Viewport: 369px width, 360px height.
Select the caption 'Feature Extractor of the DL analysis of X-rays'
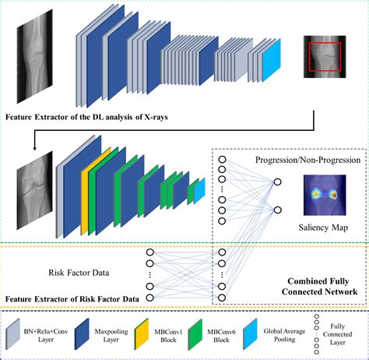tap(88, 118)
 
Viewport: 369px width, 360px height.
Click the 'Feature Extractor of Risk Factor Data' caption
tap(73, 298)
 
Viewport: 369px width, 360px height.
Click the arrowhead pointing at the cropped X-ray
tap(34, 146)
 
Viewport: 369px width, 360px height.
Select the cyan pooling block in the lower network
tap(199, 191)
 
